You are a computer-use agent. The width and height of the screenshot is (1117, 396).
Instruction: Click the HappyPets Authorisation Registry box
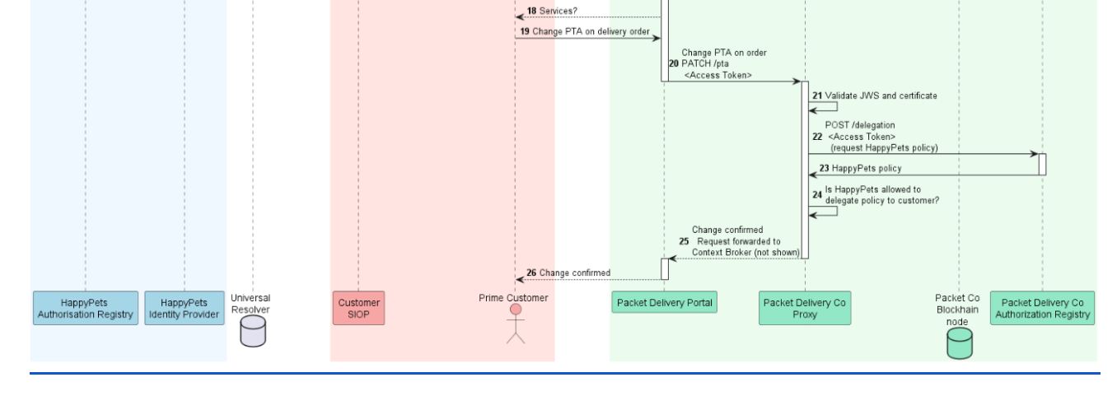85,308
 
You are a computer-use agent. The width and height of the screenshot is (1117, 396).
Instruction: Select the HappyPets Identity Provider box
185,308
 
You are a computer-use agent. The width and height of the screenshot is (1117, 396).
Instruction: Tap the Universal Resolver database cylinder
253,332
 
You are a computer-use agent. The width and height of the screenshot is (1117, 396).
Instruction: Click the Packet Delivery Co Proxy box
805,308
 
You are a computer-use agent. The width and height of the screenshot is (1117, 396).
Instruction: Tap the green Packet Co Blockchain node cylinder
960,342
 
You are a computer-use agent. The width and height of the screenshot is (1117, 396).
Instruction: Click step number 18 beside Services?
532,11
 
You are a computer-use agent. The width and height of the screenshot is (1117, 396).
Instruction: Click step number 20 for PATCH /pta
673,63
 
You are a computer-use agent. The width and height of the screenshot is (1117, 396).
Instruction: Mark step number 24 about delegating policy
816,195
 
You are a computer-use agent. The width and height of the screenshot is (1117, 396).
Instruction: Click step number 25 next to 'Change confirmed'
684,241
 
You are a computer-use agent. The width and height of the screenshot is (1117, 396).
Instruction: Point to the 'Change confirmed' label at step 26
575,273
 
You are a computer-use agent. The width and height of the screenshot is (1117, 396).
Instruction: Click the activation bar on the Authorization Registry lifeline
1042,164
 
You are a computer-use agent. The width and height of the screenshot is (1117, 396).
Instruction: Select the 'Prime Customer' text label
513,296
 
